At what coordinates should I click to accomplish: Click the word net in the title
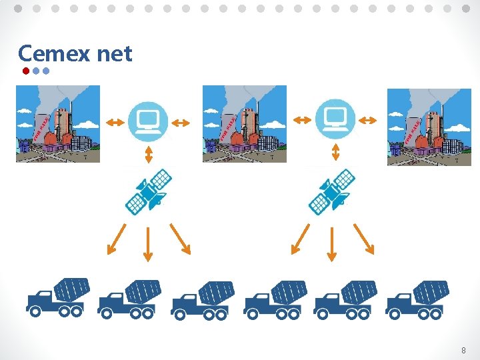click(x=115, y=54)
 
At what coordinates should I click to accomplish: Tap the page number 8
click(x=463, y=350)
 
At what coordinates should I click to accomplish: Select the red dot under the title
click(x=25, y=70)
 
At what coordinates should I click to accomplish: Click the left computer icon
click(x=147, y=120)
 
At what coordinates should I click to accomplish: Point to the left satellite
click(x=149, y=191)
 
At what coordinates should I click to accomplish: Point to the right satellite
click(x=333, y=191)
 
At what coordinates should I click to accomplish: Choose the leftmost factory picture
click(x=58, y=124)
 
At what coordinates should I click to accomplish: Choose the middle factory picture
click(x=245, y=124)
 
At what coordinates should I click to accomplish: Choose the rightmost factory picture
click(x=429, y=127)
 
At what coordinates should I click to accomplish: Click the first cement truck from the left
click(x=58, y=297)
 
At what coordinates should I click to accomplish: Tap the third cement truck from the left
click(x=203, y=299)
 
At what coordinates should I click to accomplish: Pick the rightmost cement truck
click(x=417, y=299)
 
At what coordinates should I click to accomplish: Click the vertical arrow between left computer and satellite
click(x=149, y=155)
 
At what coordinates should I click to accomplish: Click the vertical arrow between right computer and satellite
click(x=335, y=153)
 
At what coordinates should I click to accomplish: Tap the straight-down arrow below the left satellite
click(x=147, y=243)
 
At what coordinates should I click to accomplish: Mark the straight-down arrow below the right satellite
click(x=331, y=243)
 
